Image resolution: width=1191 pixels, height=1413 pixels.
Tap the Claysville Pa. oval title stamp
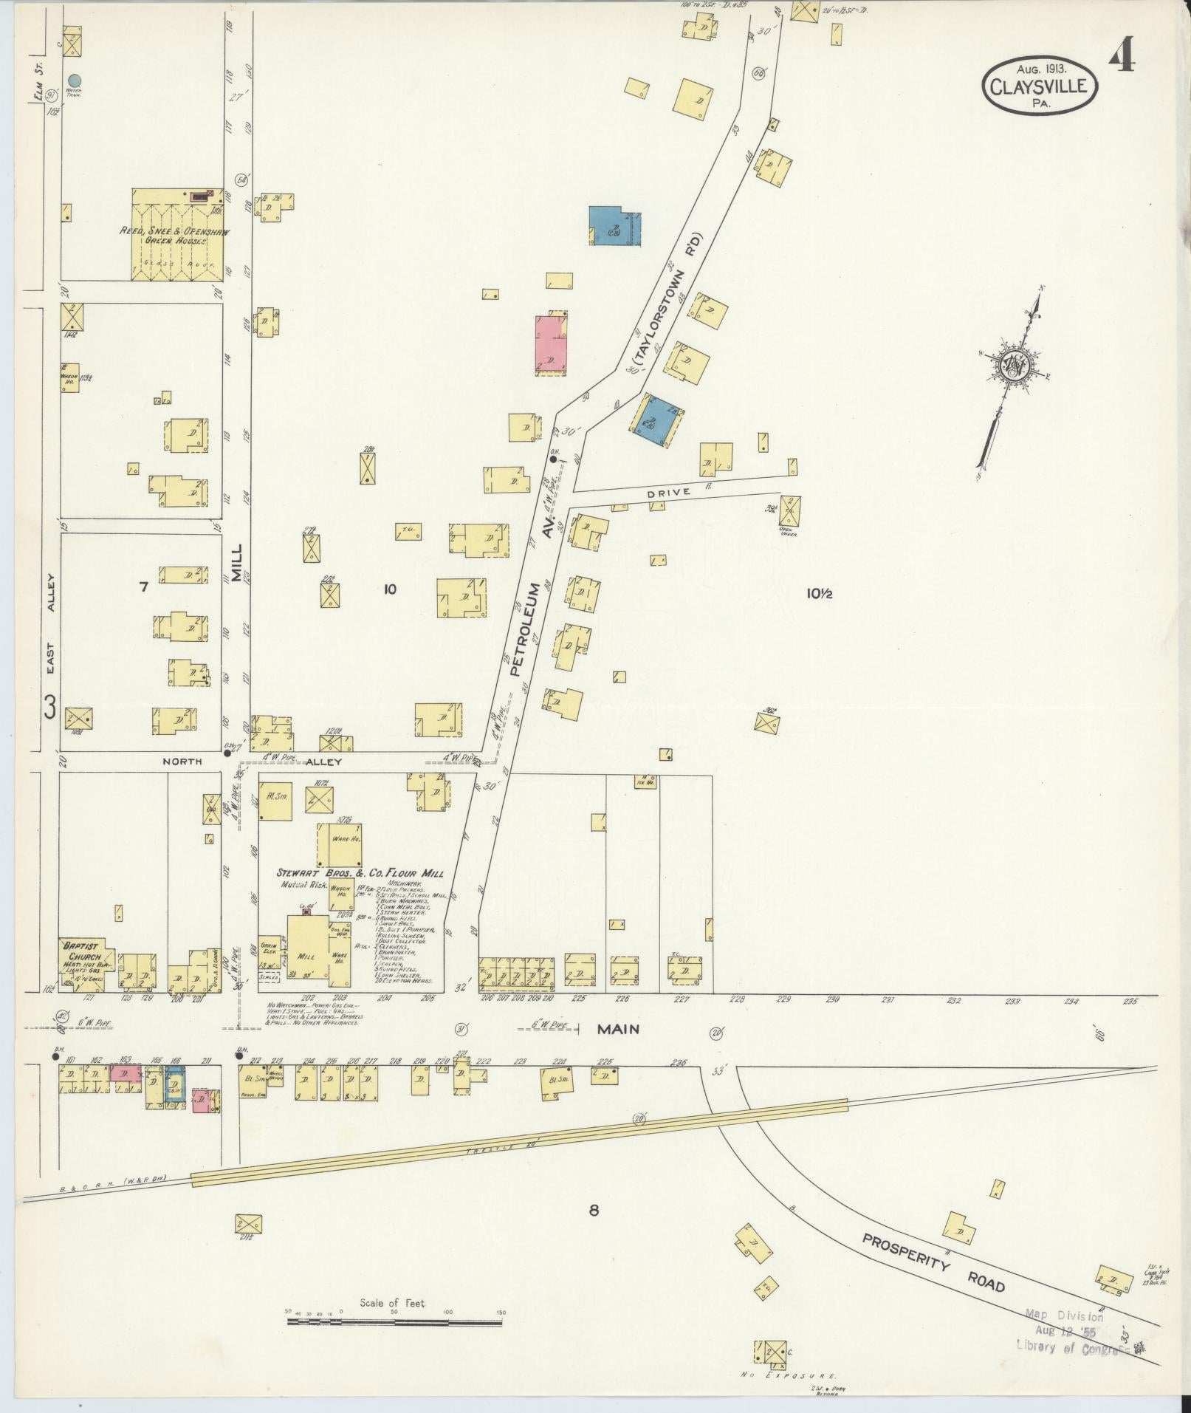tap(1039, 87)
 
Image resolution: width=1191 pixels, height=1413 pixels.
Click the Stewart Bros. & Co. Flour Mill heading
tap(361, 874)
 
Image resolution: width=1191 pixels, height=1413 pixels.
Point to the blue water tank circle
tap(75, 80)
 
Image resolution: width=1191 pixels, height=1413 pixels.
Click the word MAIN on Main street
tap(618, 1029)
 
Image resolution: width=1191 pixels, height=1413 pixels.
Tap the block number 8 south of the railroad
tap(593, 1210)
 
